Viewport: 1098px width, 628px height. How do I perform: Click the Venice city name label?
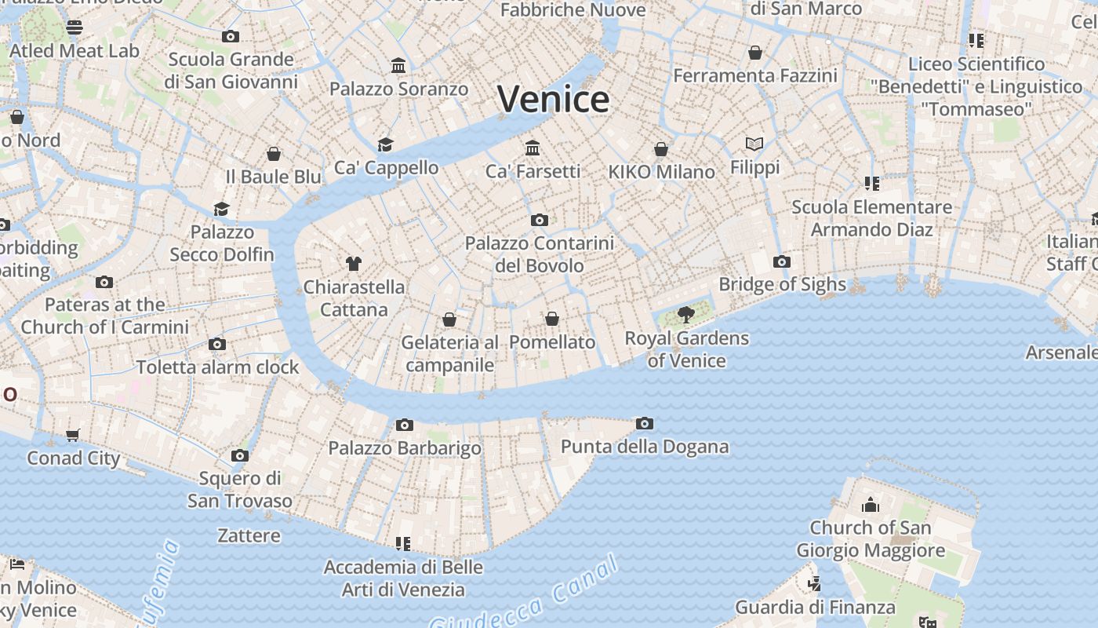[x=553, y=99]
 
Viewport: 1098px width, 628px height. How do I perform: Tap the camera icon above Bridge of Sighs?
[x=781, y=261]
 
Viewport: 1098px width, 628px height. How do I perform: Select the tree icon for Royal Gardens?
[x=686, y=315]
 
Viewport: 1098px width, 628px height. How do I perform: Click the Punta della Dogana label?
[x=645, y=447]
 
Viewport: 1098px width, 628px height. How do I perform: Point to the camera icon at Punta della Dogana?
[x=645, y=424]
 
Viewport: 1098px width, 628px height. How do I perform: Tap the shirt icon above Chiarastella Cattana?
[x=354, y=264]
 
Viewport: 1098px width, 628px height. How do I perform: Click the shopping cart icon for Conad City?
[x=73, y=435]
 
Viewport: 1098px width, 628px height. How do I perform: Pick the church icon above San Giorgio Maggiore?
[x=871, y=505]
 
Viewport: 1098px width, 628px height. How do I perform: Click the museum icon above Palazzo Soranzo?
[x=398, y=66]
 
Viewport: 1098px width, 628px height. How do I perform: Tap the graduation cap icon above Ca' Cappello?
[x=385, y=144]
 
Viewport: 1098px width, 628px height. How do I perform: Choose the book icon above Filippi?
[x=754, y=144]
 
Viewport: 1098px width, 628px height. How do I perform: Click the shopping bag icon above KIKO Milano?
[x=661, y=149]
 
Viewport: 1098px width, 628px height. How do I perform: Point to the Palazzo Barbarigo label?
[x=405, y=448]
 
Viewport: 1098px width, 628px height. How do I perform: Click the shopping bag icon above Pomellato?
[x=552, y=319]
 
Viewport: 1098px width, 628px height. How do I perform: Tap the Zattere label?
[x=249, y=536]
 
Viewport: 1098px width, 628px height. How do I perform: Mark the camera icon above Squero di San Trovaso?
[x=240, y=455]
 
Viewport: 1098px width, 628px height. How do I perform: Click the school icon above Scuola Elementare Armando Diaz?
[x=871, y=184]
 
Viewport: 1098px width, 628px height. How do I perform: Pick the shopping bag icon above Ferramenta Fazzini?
[x=755, y=53]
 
